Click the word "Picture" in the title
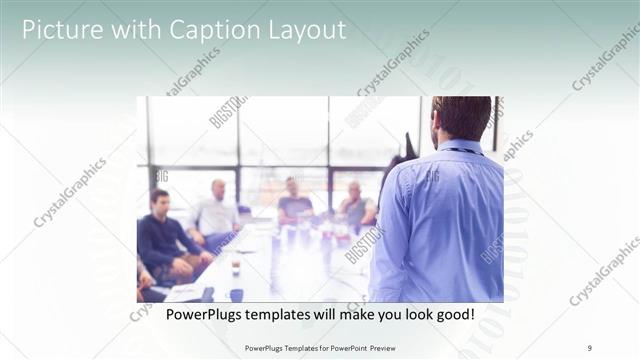59,30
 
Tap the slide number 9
590,348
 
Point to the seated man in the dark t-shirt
295,202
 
